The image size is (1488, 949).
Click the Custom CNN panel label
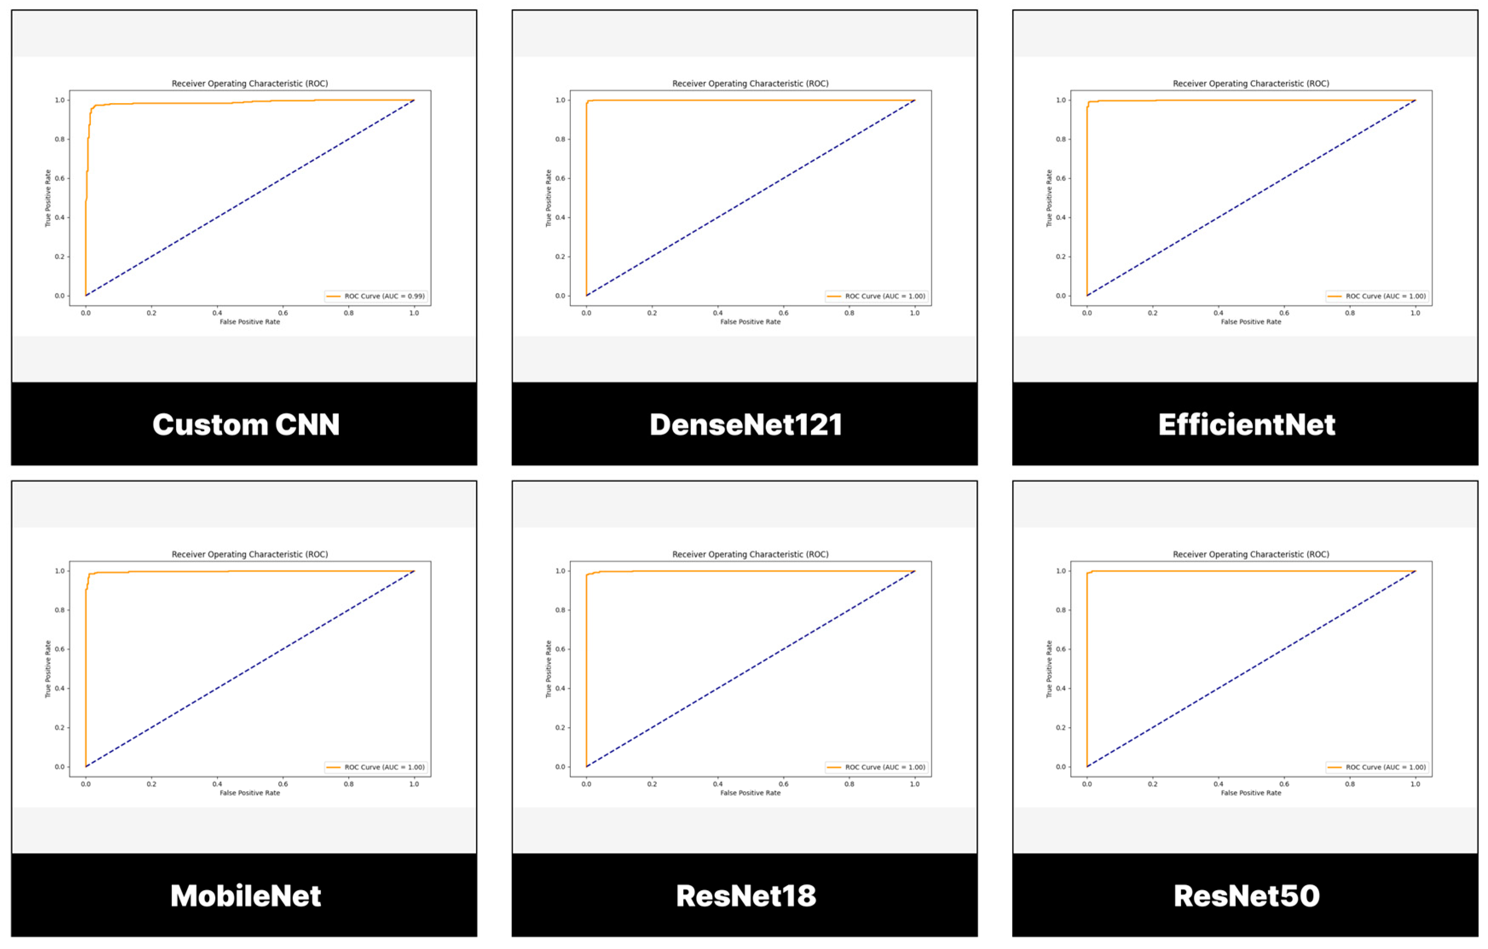(246, 425)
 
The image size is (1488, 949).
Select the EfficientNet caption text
(1246, 425)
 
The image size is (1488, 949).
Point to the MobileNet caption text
(246, 896)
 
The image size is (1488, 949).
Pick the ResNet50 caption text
(1246, 896)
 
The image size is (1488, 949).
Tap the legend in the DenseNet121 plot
(877, 296)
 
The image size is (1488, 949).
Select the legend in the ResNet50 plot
(1377, 767)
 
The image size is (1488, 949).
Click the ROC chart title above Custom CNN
(250, 84)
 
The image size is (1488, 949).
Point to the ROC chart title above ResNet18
(750, 555)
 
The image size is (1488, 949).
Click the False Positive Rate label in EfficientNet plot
(1251, 322)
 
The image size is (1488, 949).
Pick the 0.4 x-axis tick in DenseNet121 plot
(717, 313)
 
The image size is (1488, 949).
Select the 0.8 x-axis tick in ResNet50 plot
(1349, 784)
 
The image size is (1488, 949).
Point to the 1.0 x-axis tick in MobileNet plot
(414, 784)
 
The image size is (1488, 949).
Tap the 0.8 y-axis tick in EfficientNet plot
(1060, 139)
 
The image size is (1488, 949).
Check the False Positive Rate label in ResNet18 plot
(750, 793)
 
